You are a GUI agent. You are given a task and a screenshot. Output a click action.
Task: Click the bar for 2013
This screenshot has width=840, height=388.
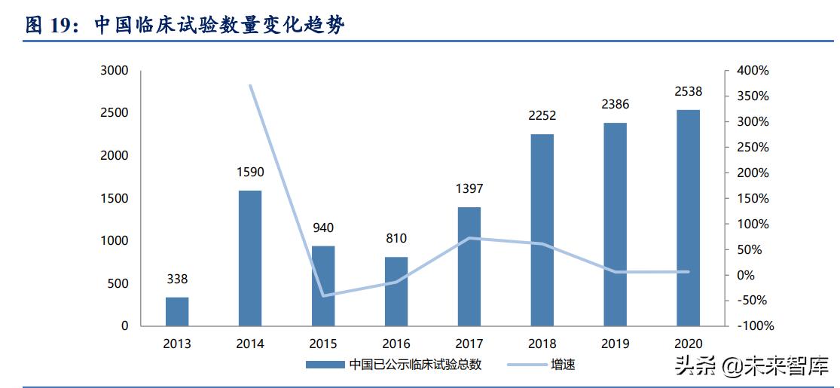(x=177, y=311)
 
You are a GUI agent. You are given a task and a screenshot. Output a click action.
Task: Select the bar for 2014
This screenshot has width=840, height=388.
(x=250, y=258)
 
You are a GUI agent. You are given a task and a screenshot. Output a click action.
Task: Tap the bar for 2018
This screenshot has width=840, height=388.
(x=542, y=230)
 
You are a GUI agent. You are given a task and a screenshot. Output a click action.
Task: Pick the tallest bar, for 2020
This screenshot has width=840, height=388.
(x=689, y=218)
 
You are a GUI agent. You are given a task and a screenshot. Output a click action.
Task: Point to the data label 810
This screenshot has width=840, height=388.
(x=396, y=239)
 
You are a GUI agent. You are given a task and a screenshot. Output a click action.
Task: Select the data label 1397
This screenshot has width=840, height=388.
(x=469, y=189)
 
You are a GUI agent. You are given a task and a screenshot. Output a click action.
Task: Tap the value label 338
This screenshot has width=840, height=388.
(x=177, y=280)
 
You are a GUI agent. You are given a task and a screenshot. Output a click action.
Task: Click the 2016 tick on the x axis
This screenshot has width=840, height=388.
(x=396, y=344)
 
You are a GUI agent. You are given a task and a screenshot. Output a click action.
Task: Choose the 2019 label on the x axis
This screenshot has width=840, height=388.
(x=615, y=344)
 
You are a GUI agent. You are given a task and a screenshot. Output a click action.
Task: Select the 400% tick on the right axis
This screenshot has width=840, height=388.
(x=753, y=71)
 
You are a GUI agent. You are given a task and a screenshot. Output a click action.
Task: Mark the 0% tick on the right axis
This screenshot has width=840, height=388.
(x=746, y=275)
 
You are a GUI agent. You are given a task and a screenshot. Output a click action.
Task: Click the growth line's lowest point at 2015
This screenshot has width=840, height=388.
(x=324, y=295)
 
